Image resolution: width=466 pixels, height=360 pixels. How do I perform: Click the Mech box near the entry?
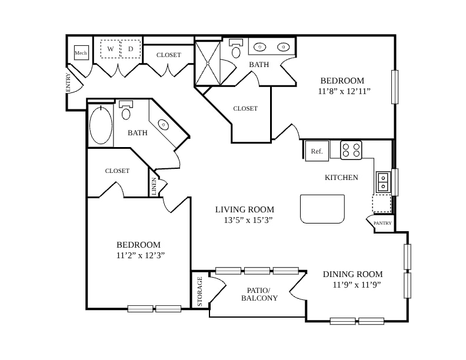(x=81, y=52)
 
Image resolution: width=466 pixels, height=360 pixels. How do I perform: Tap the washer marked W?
(x=110, y=49)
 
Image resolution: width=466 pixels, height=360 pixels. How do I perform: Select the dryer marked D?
(x=131, y=49)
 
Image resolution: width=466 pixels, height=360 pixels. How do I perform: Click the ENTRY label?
(x=68, y=82)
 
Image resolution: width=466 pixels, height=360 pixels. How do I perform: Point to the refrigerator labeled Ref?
(x=317, y=151)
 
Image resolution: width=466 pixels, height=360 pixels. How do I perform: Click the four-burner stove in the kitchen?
(x=351, y=150)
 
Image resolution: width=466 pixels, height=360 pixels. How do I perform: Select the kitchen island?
(x=322, y=209)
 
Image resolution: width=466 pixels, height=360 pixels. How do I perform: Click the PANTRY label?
(x=382, y=223)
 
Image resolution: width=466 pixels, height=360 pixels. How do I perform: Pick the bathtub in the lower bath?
(x=101, y=125)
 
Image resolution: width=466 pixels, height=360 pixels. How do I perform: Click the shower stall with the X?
(x=208, y=64)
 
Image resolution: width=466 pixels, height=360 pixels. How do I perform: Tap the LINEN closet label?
(x=154, y=186)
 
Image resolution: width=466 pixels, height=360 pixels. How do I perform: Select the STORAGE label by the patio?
(x=199, y=291)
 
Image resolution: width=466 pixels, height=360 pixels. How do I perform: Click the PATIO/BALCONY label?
(x=259, y=294)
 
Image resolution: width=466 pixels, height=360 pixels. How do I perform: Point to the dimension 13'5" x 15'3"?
(x=248, y=220)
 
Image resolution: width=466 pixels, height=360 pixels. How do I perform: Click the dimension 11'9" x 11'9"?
(x=357, y=285)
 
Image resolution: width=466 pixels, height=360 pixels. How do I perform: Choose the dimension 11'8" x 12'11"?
(x=344, y=91)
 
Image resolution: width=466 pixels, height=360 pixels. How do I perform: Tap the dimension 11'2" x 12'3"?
(x=141, y=255)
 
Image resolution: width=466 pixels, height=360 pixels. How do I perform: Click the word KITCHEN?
(x=341, y=178)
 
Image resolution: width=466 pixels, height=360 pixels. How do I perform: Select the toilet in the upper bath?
(x=237, y=49)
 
